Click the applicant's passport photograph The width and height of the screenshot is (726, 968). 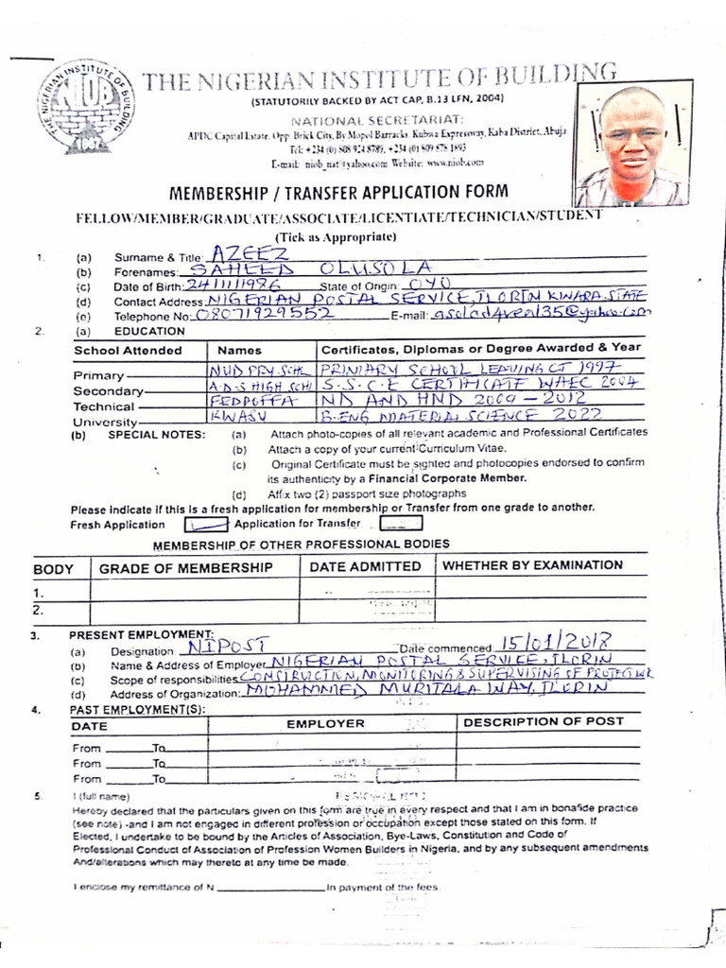(631, 147)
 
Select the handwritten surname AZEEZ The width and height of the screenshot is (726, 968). (244, 253)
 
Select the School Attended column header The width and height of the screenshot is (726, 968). (129, 351)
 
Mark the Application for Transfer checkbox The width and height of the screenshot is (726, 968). (401, 524)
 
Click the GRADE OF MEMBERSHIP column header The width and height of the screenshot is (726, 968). (186, 567)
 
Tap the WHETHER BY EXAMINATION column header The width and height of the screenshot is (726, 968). (533, 565)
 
